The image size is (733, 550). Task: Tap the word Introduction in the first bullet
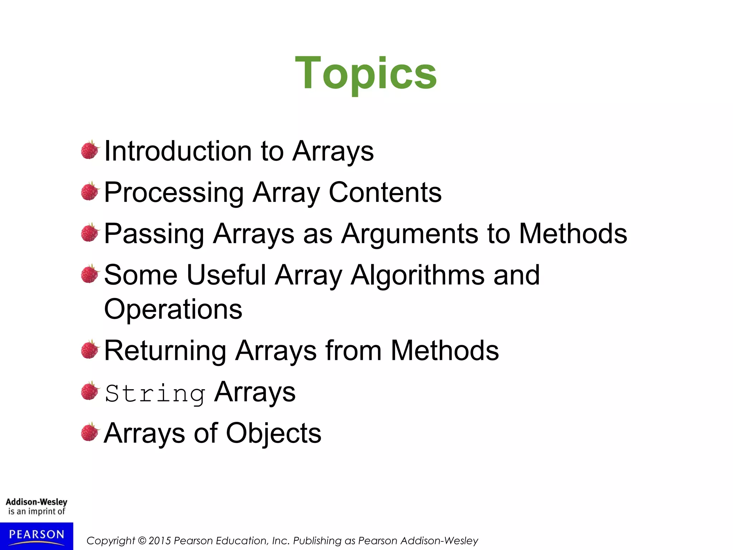click(178, 151)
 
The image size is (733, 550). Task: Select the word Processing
click(174, 193)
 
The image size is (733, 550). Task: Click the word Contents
click(385, 192)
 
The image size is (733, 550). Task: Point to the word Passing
click(154, 234)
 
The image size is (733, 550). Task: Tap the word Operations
click(173, 309)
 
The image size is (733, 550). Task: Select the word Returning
click(165, 351)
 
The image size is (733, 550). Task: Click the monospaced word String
click(155, 393)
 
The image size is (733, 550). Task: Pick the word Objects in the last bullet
click(273, 433)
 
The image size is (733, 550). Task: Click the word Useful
click(226, 275)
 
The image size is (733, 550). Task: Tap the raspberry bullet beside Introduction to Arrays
click(89, 150)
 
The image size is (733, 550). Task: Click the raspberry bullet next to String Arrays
click(89, 391)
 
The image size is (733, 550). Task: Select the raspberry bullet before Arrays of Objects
click(89, 432)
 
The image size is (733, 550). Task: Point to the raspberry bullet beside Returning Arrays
click(89, 349)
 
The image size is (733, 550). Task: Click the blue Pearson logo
click(37, 535)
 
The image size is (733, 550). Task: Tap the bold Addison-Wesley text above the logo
click(37, 502)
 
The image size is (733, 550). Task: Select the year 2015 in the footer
click(160, 541)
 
